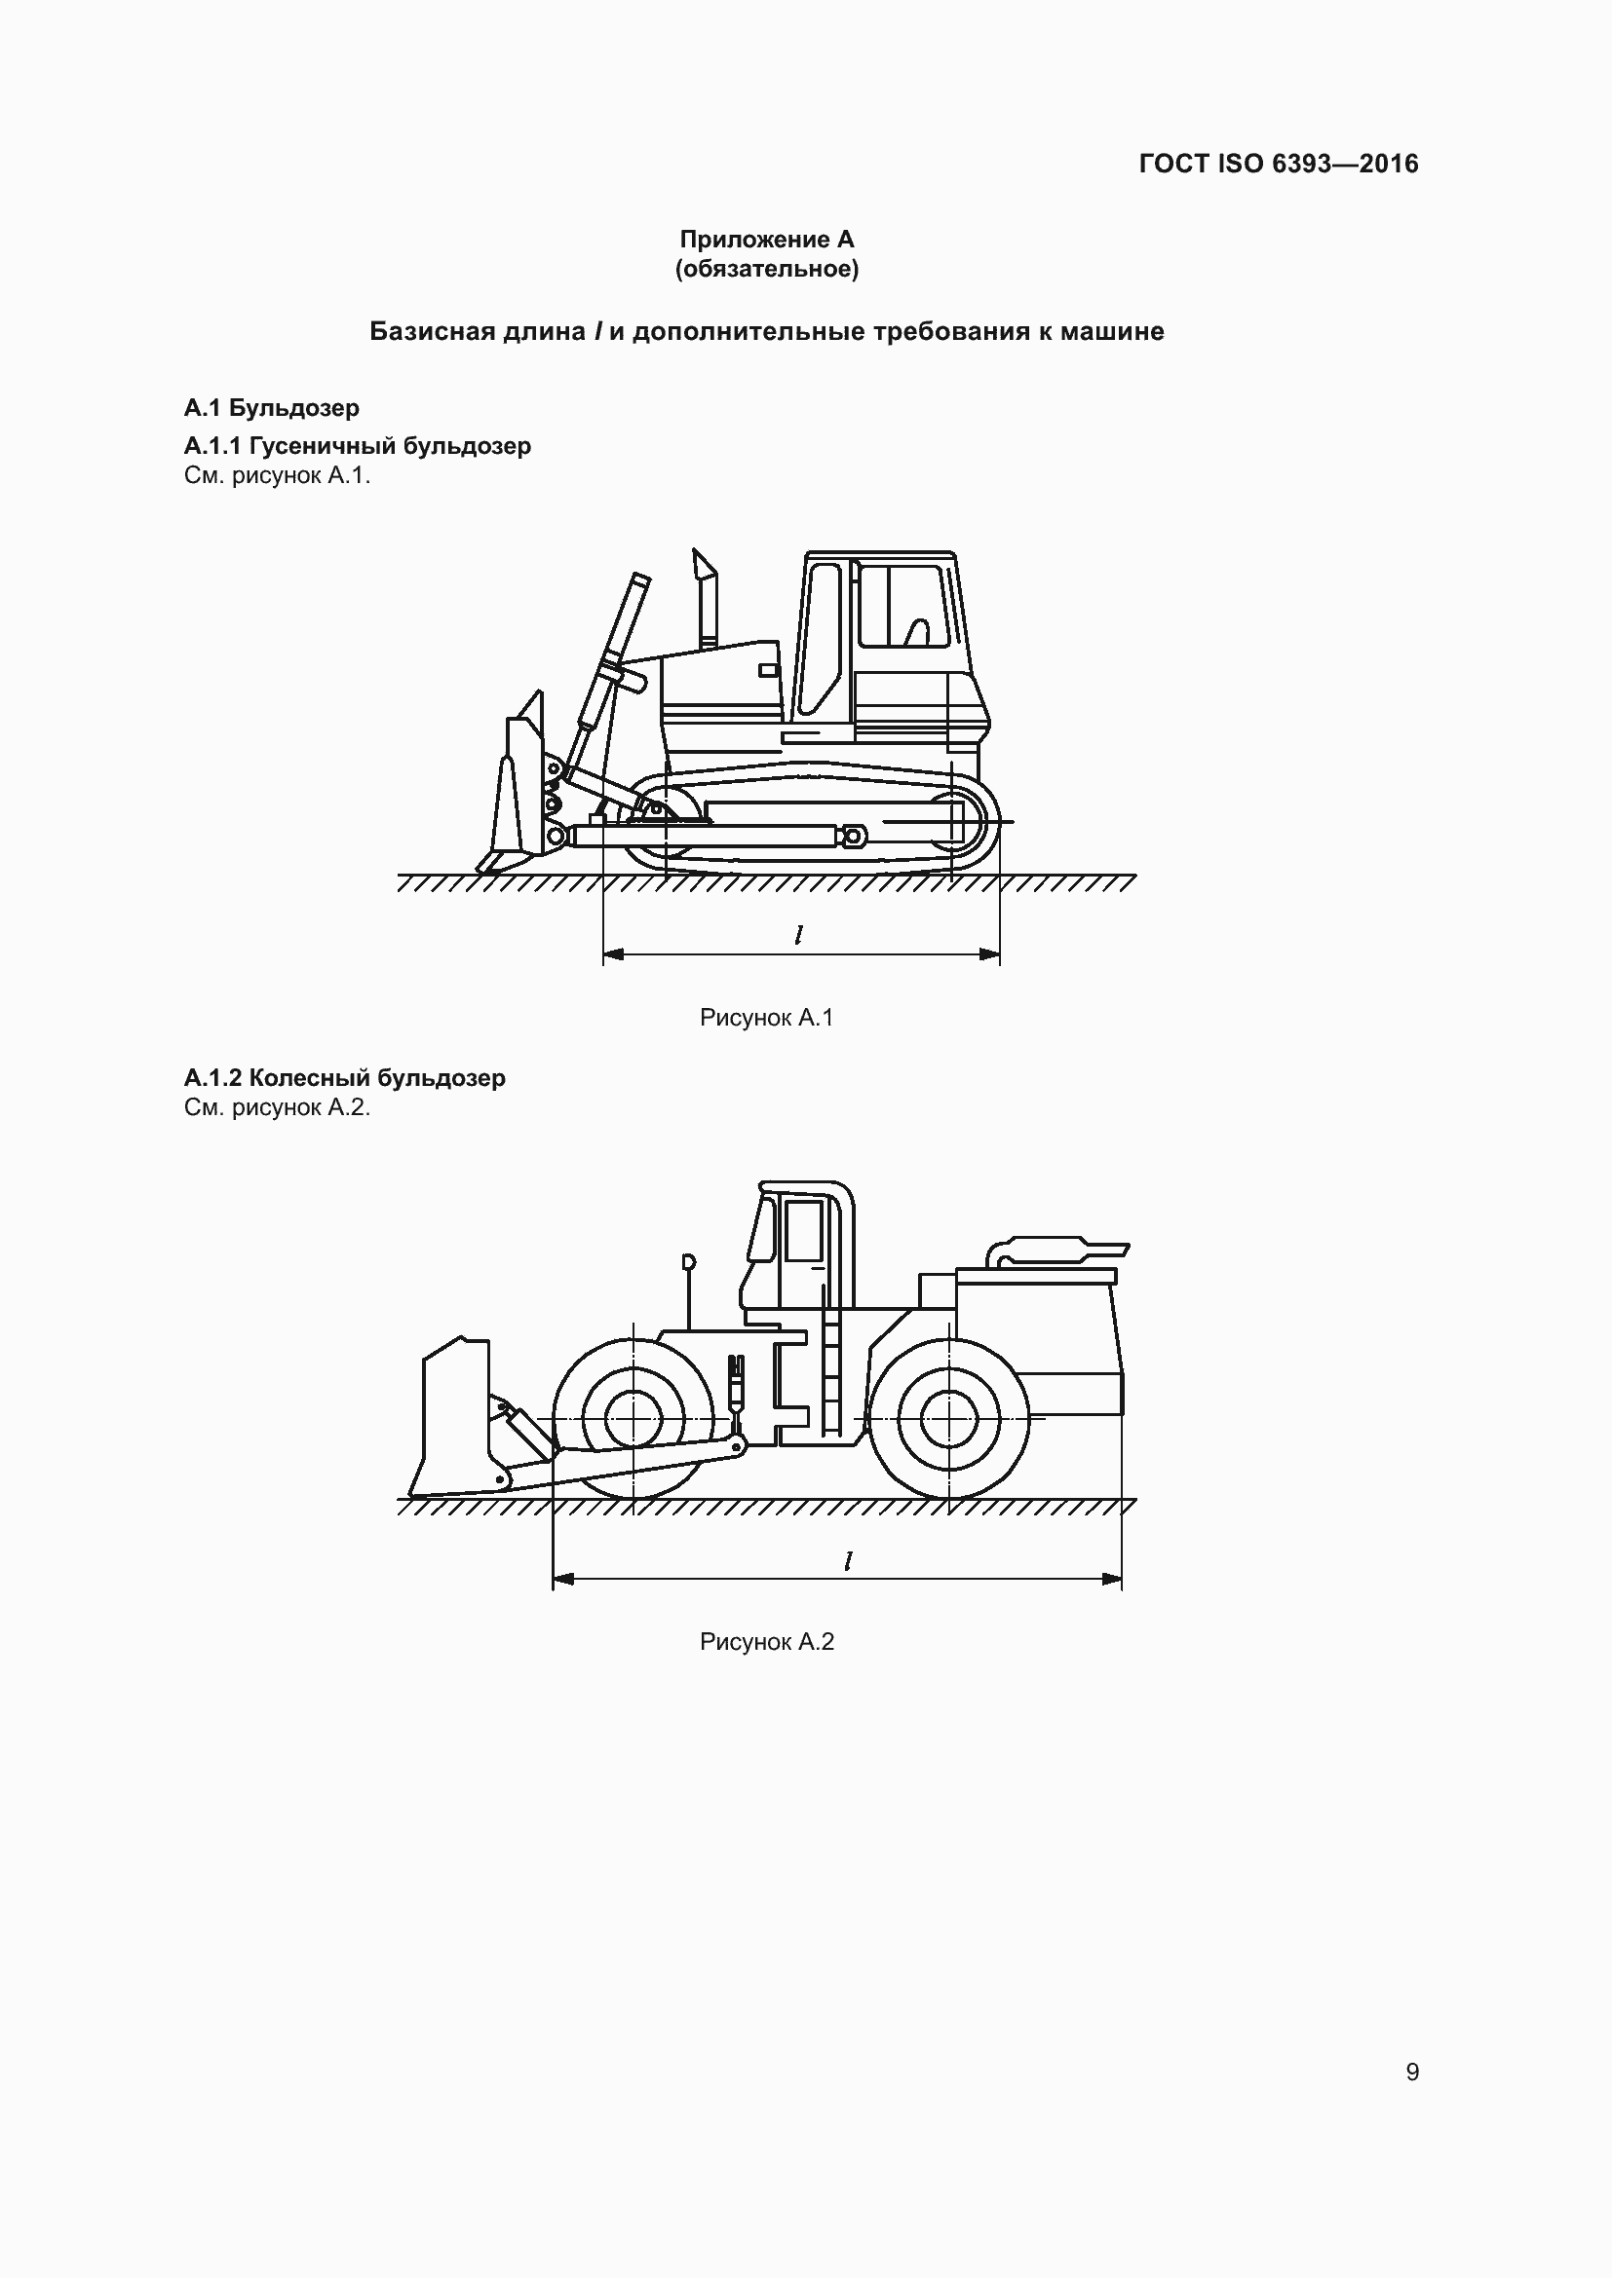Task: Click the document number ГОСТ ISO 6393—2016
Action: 1278,164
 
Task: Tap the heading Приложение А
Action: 766,240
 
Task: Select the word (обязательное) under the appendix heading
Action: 766,269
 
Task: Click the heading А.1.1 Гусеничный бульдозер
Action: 358,445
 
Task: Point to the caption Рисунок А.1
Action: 766,1017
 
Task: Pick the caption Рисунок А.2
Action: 766,1641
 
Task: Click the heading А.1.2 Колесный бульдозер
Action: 344,1077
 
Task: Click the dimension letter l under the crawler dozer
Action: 798,935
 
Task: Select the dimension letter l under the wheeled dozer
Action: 848,1560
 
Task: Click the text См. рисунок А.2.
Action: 277,1107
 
